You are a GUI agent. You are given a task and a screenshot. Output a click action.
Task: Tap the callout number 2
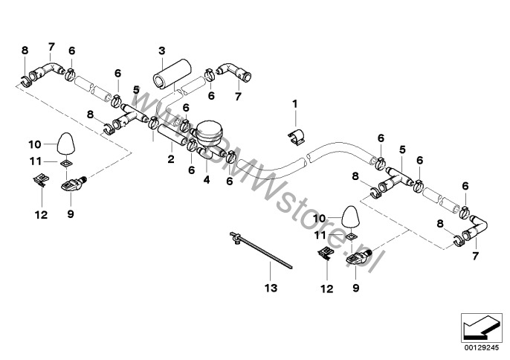click(x=171, y=159)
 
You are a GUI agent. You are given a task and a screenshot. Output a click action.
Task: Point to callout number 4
click(x=207, y=179)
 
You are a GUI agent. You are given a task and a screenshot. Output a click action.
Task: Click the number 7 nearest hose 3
click(x=238, y=97)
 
